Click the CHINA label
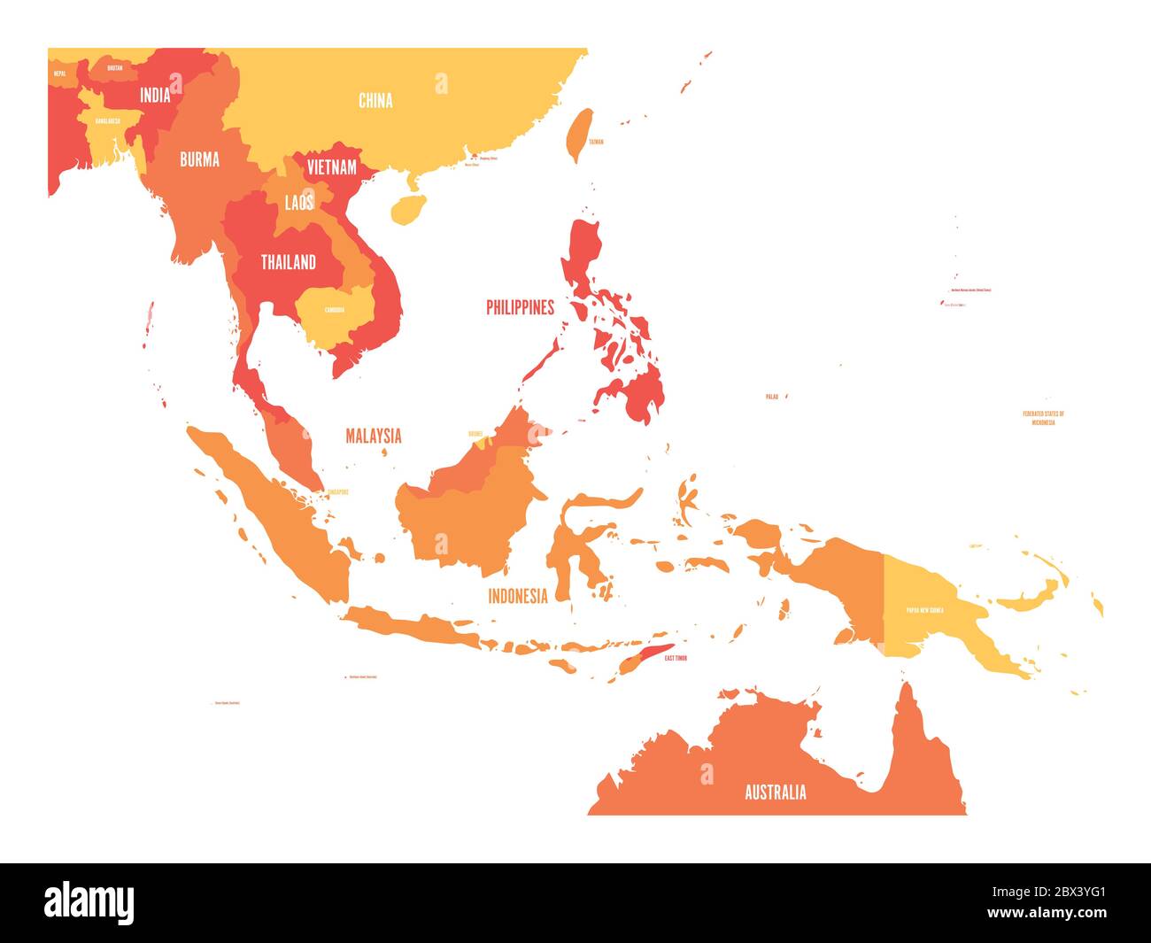pos(375,101)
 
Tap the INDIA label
pos(155,95)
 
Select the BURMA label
pos(199,160)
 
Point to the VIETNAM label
pos(331,166)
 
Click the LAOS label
pos(299,203)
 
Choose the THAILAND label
pos(288,262)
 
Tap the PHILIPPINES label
pos(520,307)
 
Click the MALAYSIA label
pos(373,436)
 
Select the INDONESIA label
pos(518,596)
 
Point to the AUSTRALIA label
pos(776,792)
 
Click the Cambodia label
pos(335,310)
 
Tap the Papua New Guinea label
pos(924,610)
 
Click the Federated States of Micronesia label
pos(1043,418)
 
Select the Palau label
pos(771,397)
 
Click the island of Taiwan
pos(578,134)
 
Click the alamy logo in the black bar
pos(89,901)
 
